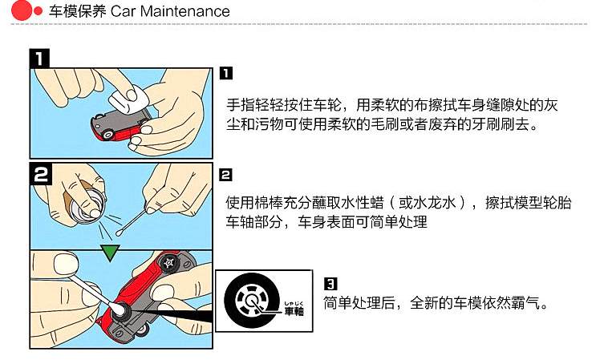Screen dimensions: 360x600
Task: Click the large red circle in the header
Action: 23,11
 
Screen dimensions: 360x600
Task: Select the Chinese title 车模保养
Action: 76,12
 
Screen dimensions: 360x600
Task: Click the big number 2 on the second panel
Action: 41,174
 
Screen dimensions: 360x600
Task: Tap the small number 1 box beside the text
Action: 226,74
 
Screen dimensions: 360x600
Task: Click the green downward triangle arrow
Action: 111,253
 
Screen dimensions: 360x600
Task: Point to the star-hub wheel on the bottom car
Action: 170,263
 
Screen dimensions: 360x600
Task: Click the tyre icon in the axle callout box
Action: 250,301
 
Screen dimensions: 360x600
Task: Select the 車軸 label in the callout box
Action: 295,310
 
